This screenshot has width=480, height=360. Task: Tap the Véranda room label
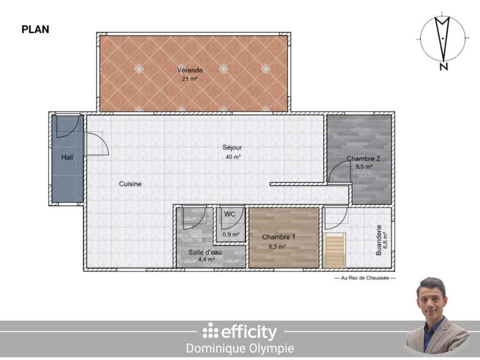tap(193, 70)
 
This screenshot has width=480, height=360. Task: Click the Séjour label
tap(232, 148)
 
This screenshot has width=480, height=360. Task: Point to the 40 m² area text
tap(232, 157)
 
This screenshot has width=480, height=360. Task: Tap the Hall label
tap(67, 158)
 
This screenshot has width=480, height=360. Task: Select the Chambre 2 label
tap(363, 159)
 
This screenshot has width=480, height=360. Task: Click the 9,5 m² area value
tap(364, 167)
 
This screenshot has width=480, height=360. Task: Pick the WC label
tap(230, 214)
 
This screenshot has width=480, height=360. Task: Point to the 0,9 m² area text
tap(231, 234)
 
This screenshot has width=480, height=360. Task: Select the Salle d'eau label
tap(205, 253)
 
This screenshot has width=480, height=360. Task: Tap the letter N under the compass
tap(443, 67)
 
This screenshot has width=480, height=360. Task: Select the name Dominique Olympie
tap(239, 349)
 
